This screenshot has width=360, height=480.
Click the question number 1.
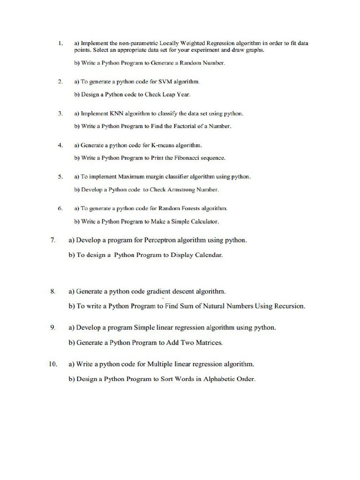click(60, 44)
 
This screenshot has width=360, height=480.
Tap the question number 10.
click(52, 364)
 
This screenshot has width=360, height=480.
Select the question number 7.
click(53, 240)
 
